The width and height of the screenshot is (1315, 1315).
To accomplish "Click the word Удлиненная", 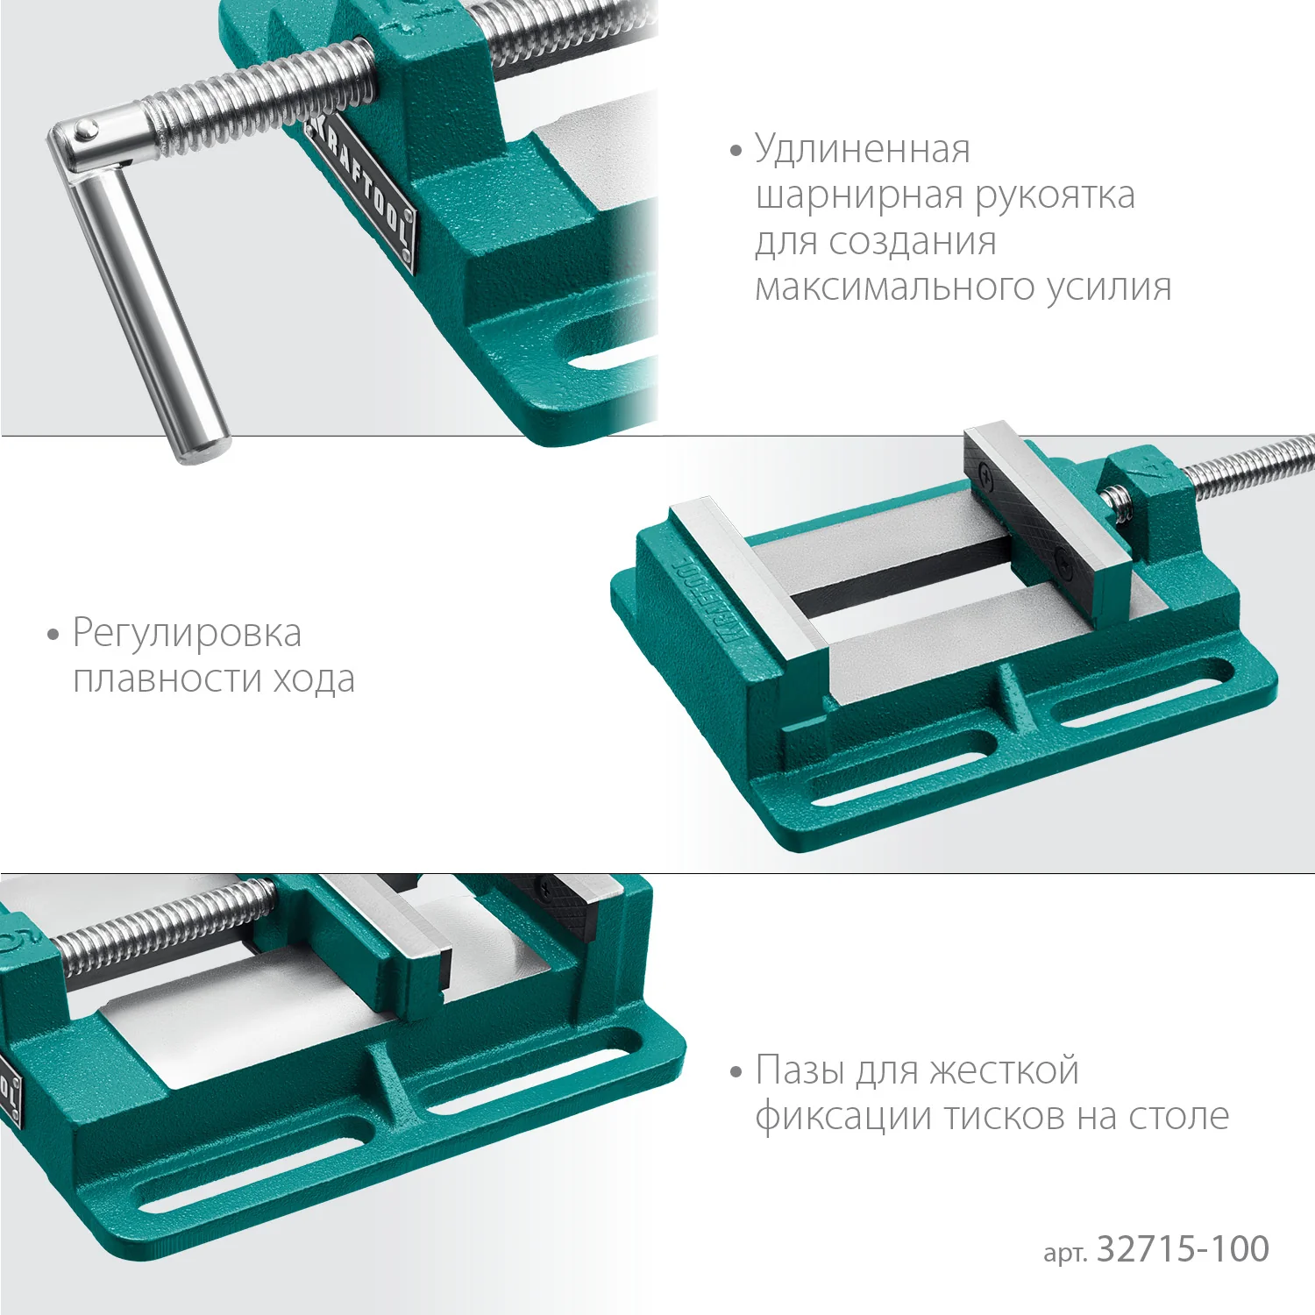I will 863,150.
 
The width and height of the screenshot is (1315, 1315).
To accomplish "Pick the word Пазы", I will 800,1070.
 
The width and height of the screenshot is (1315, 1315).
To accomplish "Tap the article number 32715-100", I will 1183,1249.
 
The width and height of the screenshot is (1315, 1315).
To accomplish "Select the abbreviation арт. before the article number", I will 1065,1253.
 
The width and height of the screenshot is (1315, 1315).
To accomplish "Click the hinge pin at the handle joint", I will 85,131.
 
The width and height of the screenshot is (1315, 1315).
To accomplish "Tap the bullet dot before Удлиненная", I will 736,151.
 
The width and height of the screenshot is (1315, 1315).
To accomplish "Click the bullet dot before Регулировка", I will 53,634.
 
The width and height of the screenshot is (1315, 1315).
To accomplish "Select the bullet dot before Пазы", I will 736,1071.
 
